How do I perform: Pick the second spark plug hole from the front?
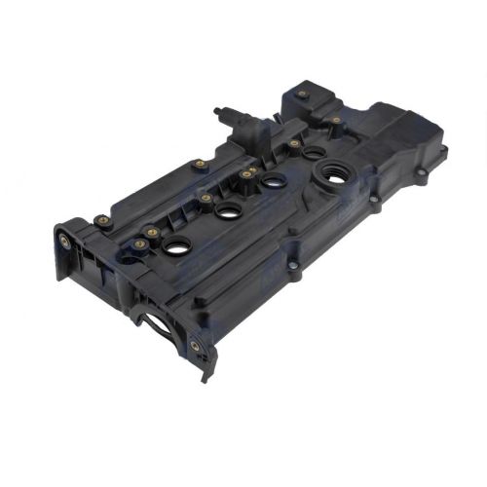tap(228, 211)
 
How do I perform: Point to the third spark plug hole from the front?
tap(272, 179)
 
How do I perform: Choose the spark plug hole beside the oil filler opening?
tap(312, 152)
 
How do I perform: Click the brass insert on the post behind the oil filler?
tap(336, 121)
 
